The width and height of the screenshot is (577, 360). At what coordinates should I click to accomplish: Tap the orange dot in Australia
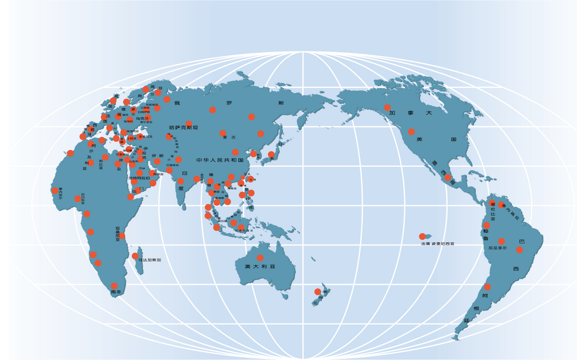(260, 258)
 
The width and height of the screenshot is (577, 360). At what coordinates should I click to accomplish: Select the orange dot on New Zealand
(317, 292)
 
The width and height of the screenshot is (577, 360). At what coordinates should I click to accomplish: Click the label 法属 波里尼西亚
(438, 244)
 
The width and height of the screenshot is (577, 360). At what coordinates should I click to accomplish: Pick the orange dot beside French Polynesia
(422, 236)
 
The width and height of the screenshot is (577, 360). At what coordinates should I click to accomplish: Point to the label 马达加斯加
(150, 260)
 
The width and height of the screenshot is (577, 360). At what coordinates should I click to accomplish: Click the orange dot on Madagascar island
(135, 256)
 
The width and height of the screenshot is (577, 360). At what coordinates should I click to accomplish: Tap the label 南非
(116, 292)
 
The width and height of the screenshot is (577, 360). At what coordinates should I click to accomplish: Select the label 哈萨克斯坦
(184, 128)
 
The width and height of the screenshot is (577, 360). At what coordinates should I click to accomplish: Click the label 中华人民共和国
(220, 160)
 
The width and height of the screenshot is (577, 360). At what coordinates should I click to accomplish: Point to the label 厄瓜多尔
(498, 248)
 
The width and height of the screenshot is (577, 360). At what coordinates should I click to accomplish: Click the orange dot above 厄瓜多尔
(502, 241)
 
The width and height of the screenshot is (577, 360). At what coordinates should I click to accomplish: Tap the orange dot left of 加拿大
(387, 107)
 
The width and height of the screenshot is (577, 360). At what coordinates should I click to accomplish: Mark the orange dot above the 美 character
(412, 132)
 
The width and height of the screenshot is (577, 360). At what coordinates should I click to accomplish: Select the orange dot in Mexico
(448, 177)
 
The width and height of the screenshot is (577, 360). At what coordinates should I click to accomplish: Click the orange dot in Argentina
(488, 287)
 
